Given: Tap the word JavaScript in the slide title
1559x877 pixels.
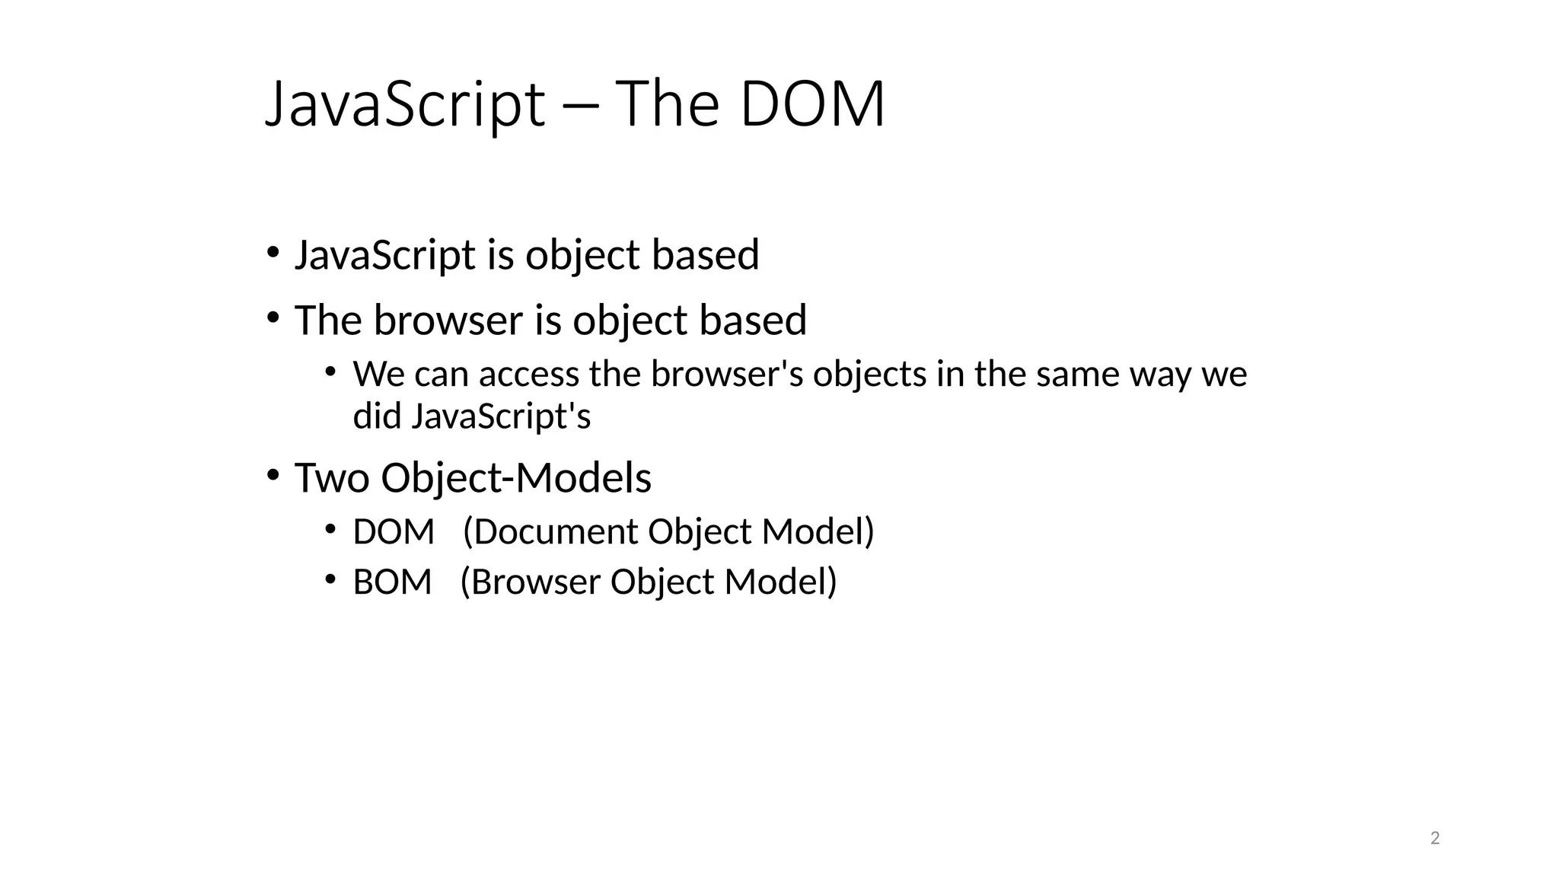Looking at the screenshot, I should (x=405, y=105).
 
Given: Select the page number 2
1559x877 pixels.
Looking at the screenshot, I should (x=1435, y=838).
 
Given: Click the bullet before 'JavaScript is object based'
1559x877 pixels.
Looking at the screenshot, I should (x=273, y=252).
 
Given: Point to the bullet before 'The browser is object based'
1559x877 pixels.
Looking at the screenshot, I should (x=273, y=317).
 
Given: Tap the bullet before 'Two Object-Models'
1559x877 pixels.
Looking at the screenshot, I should (x=273, y=476).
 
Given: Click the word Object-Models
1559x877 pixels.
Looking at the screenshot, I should (x=516, y=478).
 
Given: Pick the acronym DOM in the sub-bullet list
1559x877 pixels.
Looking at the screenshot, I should (x=394, y=531).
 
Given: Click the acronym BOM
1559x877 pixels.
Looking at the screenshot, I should (x=392, y=582).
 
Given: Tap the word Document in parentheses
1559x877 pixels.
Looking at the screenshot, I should (x=555, y=531).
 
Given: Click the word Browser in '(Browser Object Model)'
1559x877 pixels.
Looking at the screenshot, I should (x=535, y=582).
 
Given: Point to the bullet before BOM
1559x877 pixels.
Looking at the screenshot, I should (x=330, y=580).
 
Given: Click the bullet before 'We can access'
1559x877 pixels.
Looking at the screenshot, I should (x=330, y=372).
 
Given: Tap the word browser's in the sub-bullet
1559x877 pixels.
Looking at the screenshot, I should (x=727, y=375).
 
